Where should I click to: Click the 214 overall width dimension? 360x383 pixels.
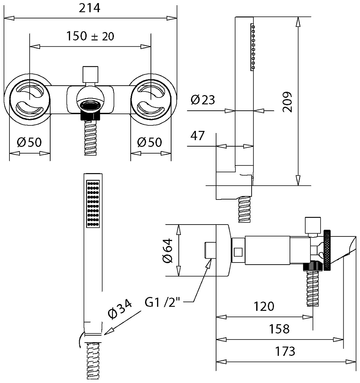(x=90, y=8)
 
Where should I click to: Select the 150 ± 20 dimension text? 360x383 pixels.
(x=90, y=36)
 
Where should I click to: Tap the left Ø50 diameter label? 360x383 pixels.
(x=29, y=142)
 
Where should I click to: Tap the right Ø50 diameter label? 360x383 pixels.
(x=150, y=142)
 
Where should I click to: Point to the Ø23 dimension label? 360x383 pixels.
(x=203, y=100)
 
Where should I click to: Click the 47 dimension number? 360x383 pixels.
(x=197, y=135)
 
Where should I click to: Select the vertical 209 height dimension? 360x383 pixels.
(x=288, y=102)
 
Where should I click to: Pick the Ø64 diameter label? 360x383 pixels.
(x=168, y=251)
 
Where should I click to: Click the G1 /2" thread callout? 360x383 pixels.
(x=162, y=302)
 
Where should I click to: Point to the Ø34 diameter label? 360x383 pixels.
(x=120, y=309)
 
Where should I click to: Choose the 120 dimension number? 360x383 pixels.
(x=264, y=306)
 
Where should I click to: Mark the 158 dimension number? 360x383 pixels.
(x=279, y=329)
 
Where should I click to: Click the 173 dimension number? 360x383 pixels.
(x=285, y=351)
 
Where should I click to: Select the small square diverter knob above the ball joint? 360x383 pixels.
(x=91, y=74)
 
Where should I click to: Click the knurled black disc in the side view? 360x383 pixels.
(x=327, y=250)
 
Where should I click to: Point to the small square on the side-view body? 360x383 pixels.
(x=238, y=252)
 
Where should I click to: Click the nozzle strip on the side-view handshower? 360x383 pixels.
(x=253, y=47)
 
